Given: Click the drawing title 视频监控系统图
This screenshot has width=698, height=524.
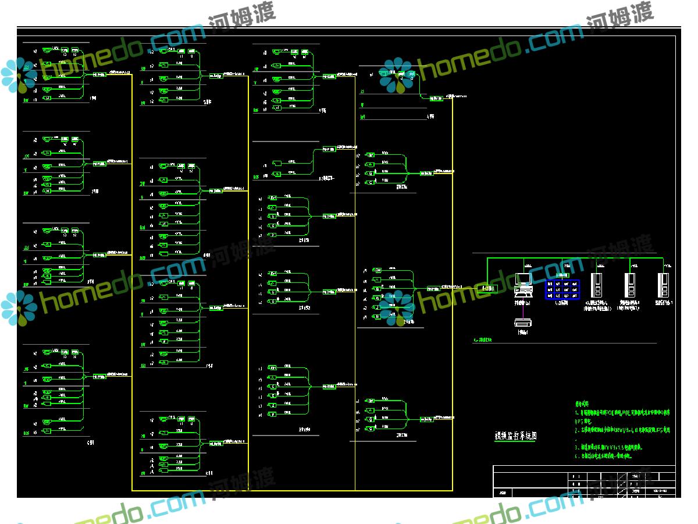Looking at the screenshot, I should (x=515, y=435).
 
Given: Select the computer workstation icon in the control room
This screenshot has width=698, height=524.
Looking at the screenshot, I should (x=523, y=282).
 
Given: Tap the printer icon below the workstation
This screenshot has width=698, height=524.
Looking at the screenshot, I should (x=523, y=321).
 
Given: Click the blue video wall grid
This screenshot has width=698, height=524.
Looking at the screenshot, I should (x=562, y=289).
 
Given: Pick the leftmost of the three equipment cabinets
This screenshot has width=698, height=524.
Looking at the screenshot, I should (x=596, y=285).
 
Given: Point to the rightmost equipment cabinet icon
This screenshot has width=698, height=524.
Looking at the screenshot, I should (x=663, y=285).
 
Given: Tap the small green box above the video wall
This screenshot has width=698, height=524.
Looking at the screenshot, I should (x=562, y=274).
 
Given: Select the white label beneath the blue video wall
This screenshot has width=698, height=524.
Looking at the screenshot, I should (x=562, y=304).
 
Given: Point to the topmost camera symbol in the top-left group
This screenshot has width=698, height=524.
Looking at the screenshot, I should (x=46, y=51).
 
